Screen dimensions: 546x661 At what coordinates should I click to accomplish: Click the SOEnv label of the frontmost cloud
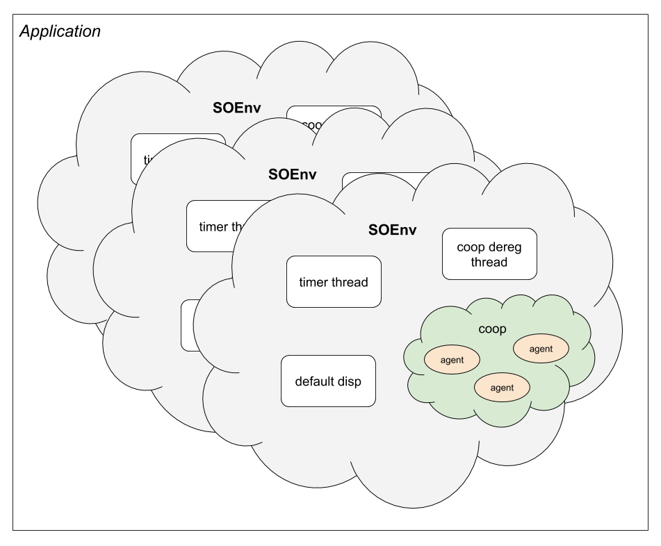click(392, 230)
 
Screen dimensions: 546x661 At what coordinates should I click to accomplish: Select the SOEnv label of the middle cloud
click(292, 174)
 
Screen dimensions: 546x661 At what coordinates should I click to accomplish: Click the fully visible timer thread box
click(334, 281)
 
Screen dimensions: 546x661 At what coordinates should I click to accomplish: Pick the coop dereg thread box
click(489, 254)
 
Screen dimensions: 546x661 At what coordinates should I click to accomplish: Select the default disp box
click(328, 381)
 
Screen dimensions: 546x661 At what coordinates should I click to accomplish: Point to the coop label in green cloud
click(492, 329)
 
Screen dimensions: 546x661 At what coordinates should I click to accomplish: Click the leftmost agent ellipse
click(452, 360)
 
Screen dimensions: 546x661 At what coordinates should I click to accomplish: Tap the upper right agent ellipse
click(541, 349)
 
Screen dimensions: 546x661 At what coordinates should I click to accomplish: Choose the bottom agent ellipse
click(502, 388)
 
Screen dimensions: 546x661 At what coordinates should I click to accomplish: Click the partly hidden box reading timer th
click(215, 226)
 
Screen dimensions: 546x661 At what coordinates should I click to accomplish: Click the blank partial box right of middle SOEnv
click(379, 180)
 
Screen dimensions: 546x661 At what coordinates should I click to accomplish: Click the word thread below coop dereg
click(489, 263)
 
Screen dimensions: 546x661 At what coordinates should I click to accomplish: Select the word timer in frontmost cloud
click(313, 282)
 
